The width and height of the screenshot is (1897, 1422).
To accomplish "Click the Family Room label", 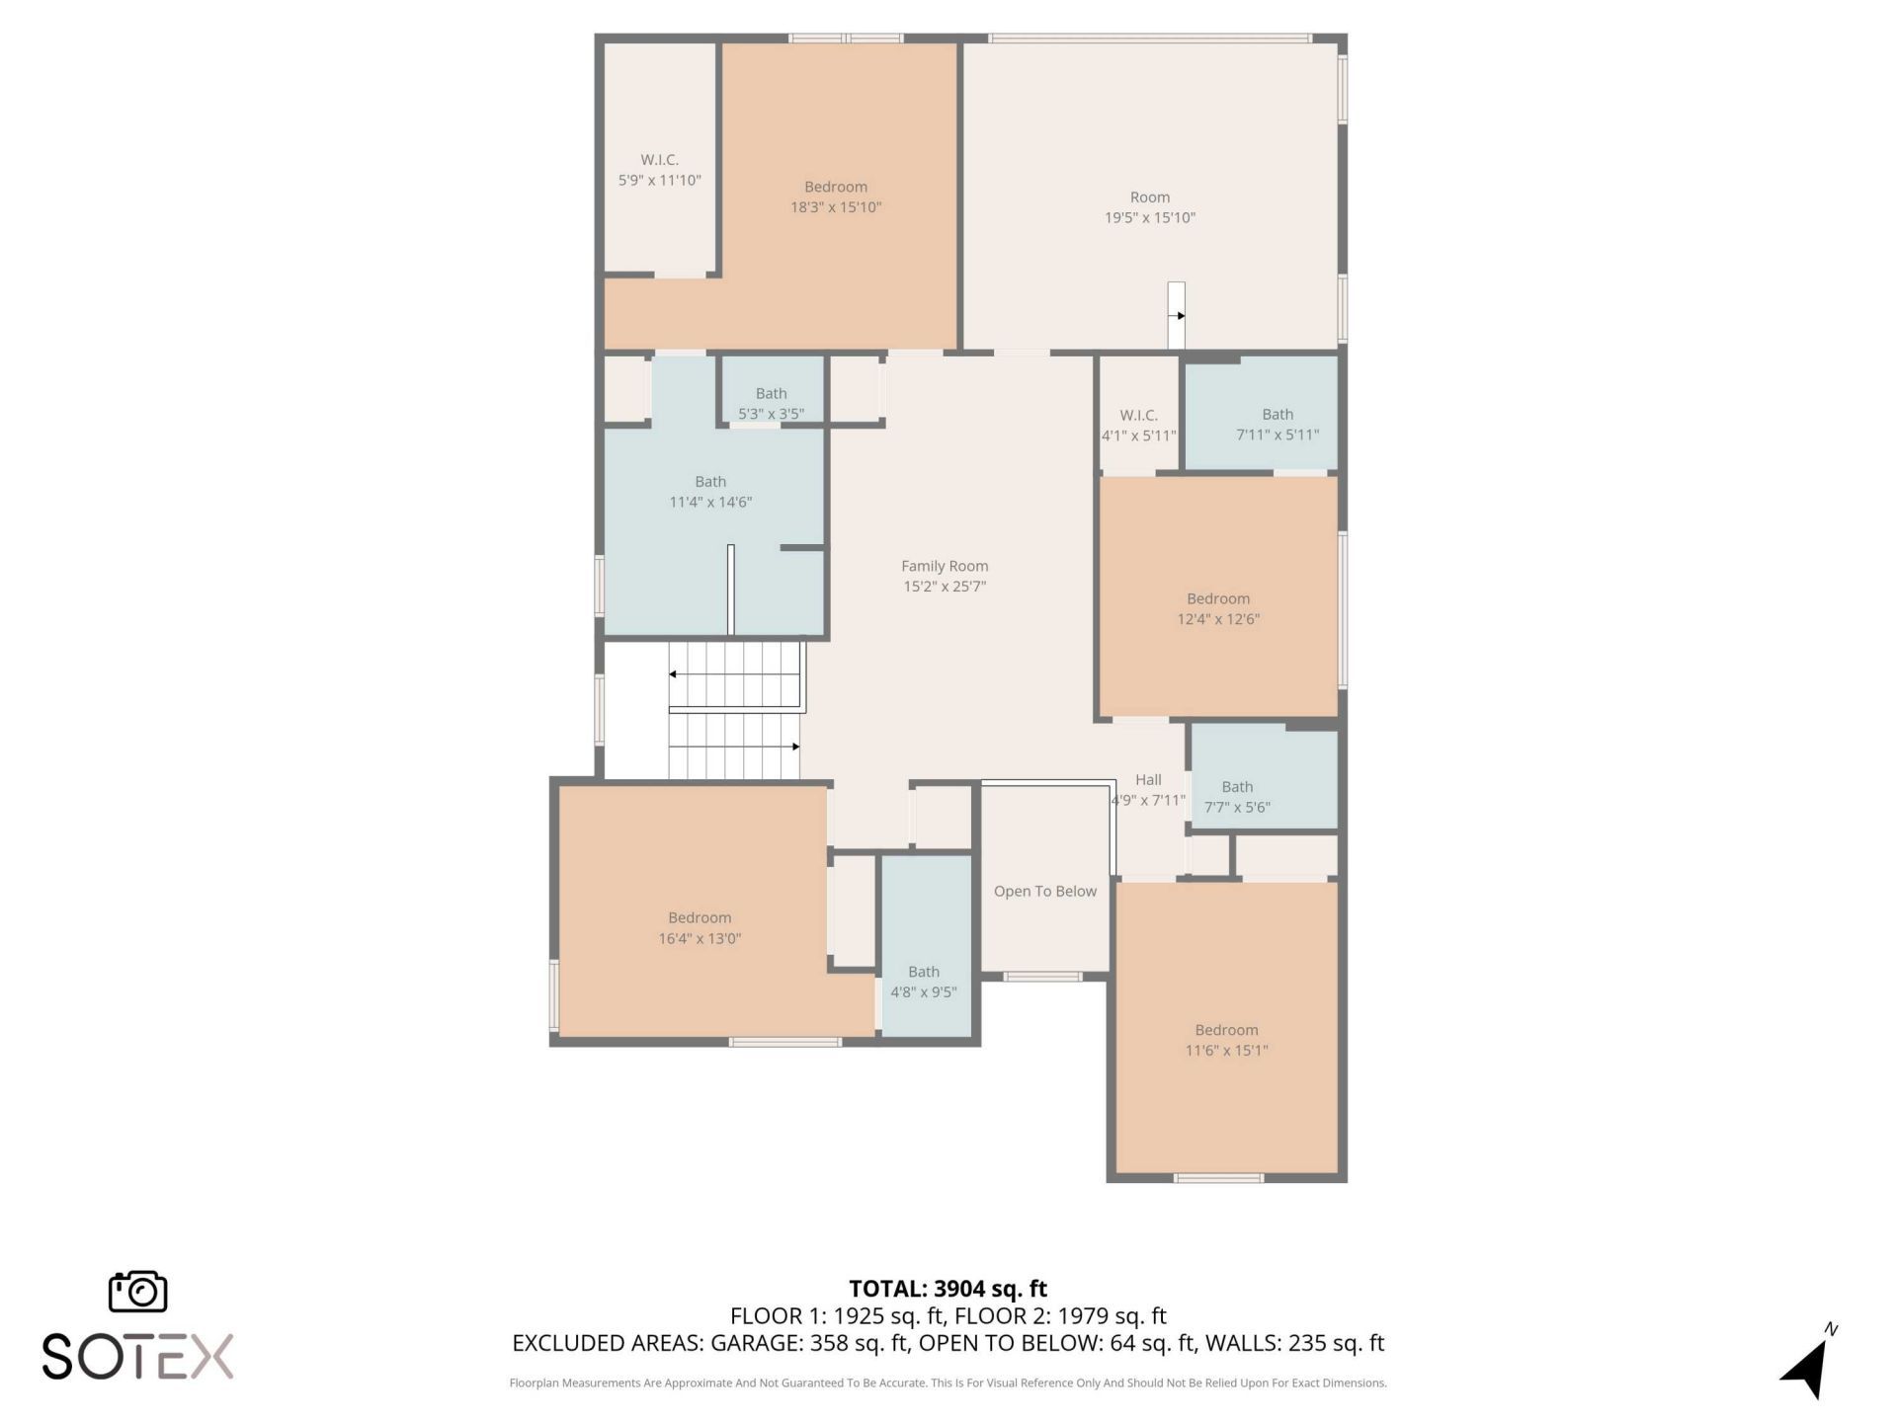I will pyautogui.click(x=944, y=566).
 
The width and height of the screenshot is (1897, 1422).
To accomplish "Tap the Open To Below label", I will pyautogui.click(x=1044, y=891).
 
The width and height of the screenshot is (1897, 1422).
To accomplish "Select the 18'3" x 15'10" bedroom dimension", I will pyautogui.click(x=835, y=207).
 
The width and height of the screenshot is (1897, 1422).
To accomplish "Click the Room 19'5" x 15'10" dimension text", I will pyautogui.click(x=1149, y=217).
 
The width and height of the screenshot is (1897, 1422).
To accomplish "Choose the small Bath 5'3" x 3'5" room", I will pyautogui.click(x=771, y=403).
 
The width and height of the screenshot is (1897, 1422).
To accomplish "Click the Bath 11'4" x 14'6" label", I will pyautogui.click(x=710, y=492).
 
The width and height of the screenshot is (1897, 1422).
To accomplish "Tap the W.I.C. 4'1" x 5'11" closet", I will pyautogui.click(x=1138, y=425).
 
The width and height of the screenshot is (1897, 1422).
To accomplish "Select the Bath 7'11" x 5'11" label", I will pyautogui.click(x=1277, y=424).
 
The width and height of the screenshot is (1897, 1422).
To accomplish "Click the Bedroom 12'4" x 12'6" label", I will pyautogui.click(x=1217, y=608).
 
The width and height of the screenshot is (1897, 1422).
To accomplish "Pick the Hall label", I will pyautogui.click(x=1148, y=779).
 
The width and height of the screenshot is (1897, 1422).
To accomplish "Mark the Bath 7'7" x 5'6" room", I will pyautogui.click(x=1237, y=796).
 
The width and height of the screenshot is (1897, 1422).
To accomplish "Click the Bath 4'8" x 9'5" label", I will pyautogui.click(x=924, y=982).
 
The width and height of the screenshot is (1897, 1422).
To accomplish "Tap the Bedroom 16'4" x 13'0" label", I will pyautogui.click(x=700, y=927).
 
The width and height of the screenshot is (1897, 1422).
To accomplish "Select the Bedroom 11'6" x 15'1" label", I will pyautogui.click(x=1226, y=1040).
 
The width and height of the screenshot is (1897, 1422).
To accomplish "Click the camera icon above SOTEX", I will pyautogui.click(x=137, y=1292).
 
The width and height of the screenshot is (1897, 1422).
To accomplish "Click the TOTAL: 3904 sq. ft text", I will pyautogui.click(x=948, y=1288).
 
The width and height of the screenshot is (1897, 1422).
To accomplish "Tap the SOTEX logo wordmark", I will pyautogui.click(x=137, y=1356).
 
